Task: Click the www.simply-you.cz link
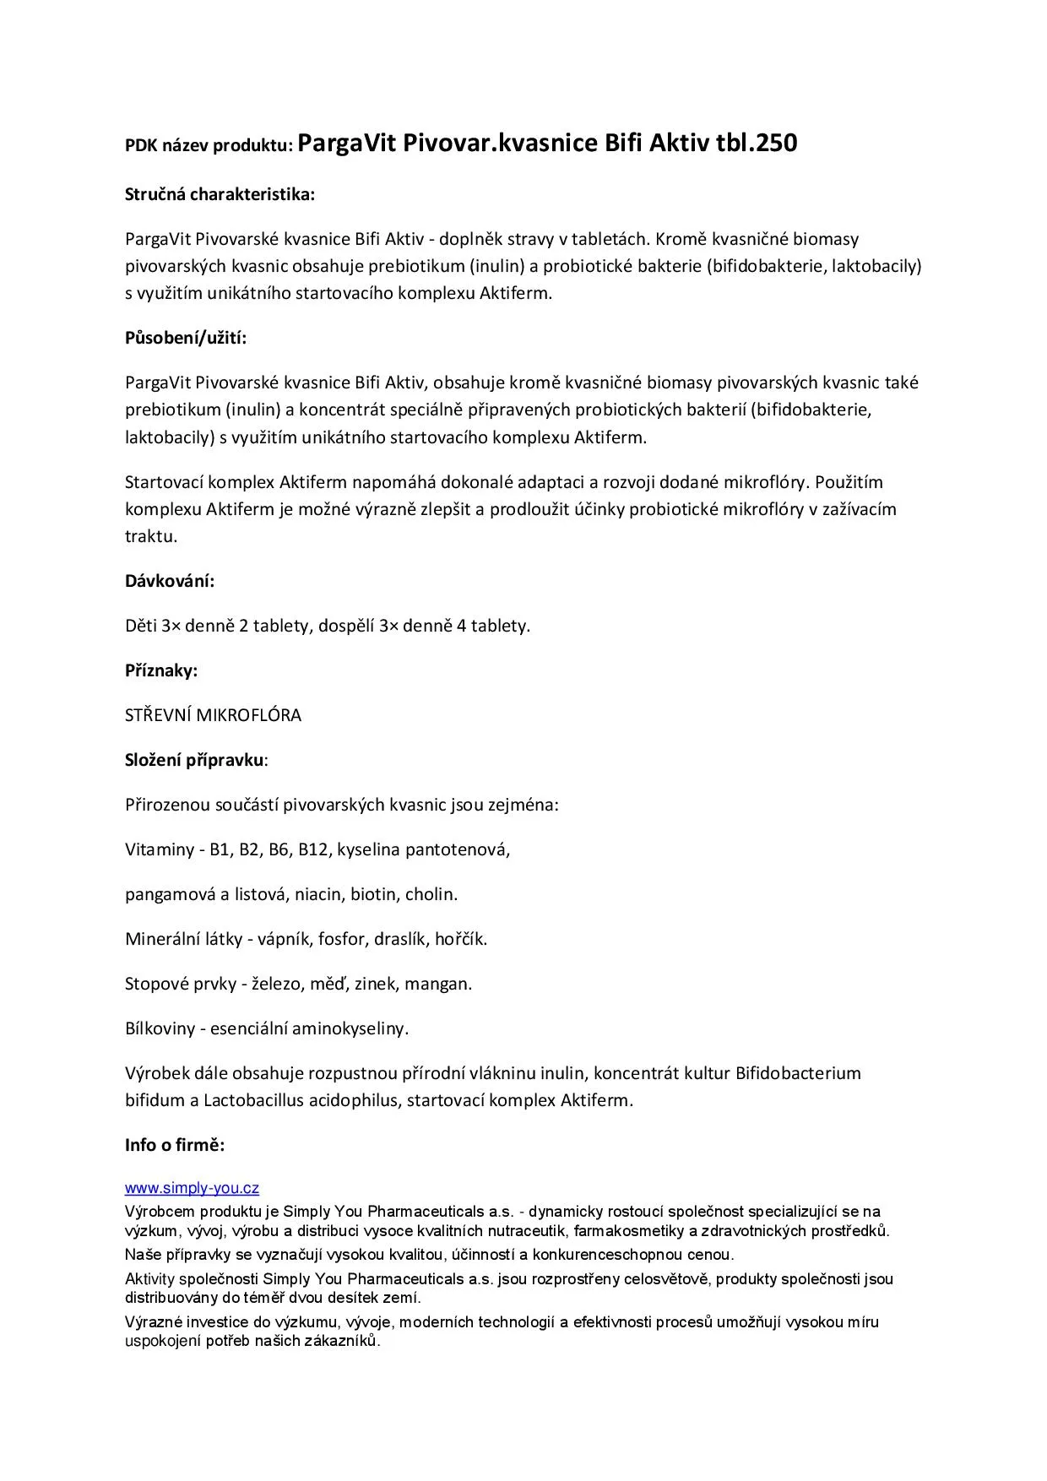[x=192, y=1189]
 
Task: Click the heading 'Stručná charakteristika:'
[x=220, y=194]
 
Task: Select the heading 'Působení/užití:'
[x=186, y=338]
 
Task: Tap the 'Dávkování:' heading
[x=170, y=581]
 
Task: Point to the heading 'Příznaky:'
[x=161, y=670]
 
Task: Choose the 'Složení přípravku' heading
[x=194, y=759]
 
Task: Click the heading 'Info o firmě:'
[x=175, y=1145]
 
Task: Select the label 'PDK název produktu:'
[x=209, y=145]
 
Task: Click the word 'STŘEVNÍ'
[x=158, y=715]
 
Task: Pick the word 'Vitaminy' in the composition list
[x=160, y=849]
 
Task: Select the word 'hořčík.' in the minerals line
[x=461, y=939]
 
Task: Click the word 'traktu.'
[x=151, y=536]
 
